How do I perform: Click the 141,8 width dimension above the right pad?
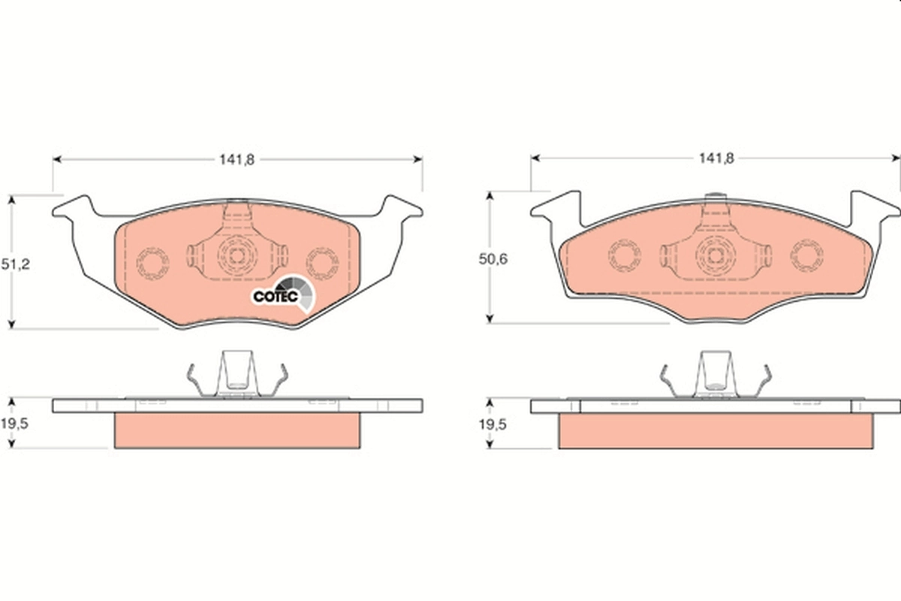pos(716,158)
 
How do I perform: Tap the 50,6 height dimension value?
pos(494,259)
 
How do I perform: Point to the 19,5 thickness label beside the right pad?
pos(494,424)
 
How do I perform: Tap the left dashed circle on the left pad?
pos(152,262)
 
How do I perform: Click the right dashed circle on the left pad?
pos(323,262)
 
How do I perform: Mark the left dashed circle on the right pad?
pos(625,255)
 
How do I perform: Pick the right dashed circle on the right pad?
pos(806,255)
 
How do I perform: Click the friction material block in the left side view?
pos(237,430)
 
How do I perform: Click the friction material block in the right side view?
pos(716,430)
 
